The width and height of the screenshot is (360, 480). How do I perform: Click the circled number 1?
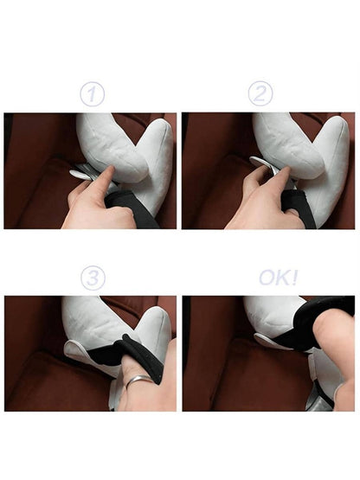(x=93, y=94)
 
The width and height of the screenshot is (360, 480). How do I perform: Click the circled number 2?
(x=260, y=93)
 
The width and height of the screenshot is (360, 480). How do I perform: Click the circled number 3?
(x=93, y=278)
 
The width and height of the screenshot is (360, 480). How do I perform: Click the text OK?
(x=278, y=278)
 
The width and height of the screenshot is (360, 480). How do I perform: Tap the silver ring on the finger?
(x=139, y=380)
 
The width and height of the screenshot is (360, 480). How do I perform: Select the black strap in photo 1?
(x=132, y=208)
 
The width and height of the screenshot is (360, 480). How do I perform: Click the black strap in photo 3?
(x=129, y=355)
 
